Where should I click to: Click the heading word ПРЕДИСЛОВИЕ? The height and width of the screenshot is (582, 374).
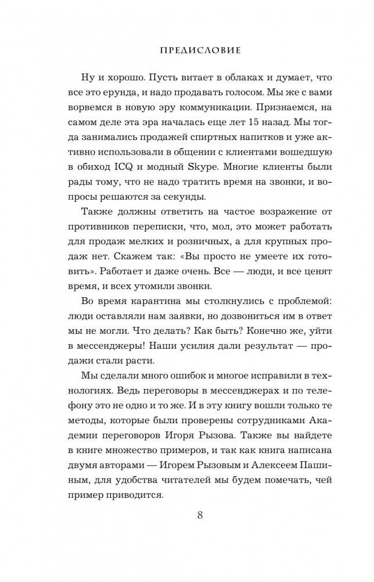pyautogui.click(x=200, y=51)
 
